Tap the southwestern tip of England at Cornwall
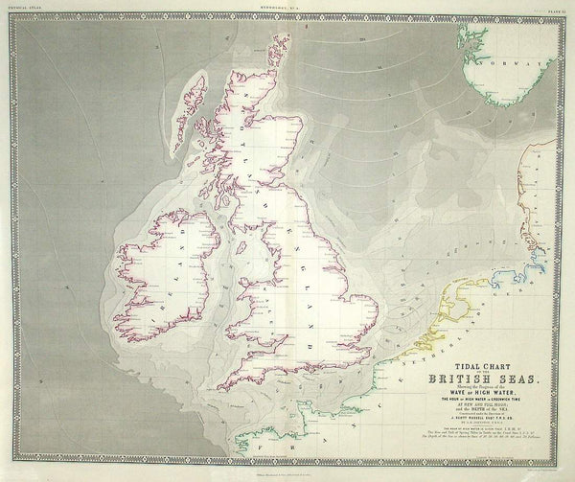click(x=222, y=388)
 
